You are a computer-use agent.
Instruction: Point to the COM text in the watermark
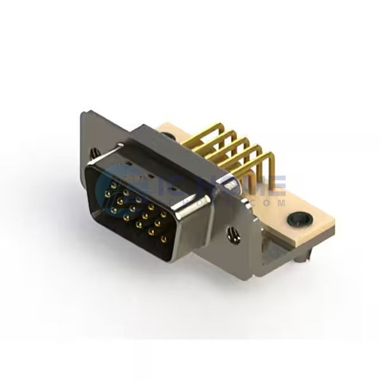click(x=270, y=201)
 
